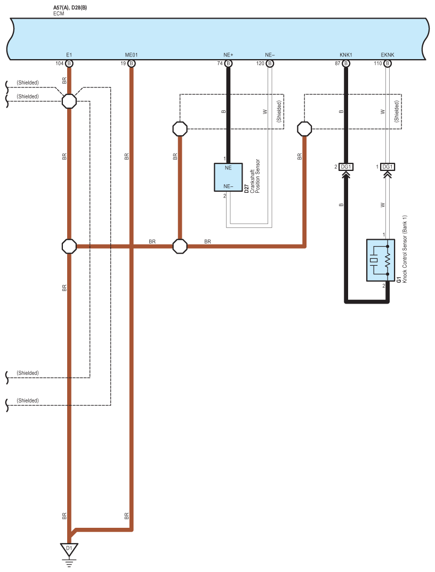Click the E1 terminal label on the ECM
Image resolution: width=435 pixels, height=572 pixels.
point(69,55)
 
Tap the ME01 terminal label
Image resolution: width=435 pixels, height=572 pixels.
point(132,55)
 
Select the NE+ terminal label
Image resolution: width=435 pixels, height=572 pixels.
point(228,55)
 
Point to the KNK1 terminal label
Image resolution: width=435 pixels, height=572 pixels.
point(346,55)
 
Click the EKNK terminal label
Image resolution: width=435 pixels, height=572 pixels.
point(388,55)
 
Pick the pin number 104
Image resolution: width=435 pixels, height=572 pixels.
point(60,63)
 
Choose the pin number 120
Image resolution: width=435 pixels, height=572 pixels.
point(261,63)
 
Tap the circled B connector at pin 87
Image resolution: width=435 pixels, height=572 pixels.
point(346,63)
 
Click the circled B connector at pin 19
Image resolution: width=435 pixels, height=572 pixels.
point(132,63)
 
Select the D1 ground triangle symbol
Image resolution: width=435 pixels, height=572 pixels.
point(69,549)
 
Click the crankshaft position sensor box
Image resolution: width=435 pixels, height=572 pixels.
point(228,177)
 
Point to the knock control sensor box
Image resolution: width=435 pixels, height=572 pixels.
point(381,260)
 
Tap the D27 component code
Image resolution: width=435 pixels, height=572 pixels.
point(246,189)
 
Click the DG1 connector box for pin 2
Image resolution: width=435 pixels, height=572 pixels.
point(346,167)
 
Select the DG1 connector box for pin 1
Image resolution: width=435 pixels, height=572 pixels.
point(388,167)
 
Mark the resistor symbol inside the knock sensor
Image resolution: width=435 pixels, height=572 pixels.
point(388,260)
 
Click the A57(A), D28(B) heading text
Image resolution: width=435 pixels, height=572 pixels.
point(70,7)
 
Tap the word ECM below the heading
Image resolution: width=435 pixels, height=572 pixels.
point(59,13)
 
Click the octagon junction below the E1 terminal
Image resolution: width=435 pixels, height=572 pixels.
point(69,101)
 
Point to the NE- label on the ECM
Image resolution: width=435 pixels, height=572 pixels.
point(270,55)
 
